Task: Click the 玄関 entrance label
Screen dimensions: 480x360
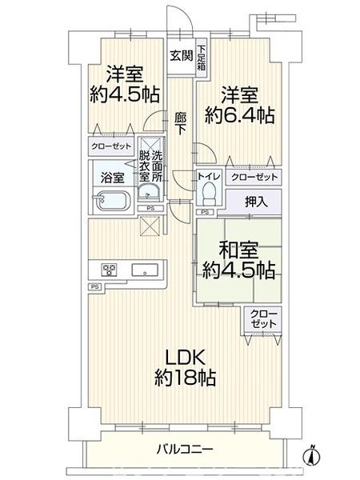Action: pyautogui.click(x=180, y=55)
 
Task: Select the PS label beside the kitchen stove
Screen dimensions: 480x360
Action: pyautogui.click(x=94, y=286)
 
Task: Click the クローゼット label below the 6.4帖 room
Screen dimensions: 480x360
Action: pyautogui.click(x=254, y=176)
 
